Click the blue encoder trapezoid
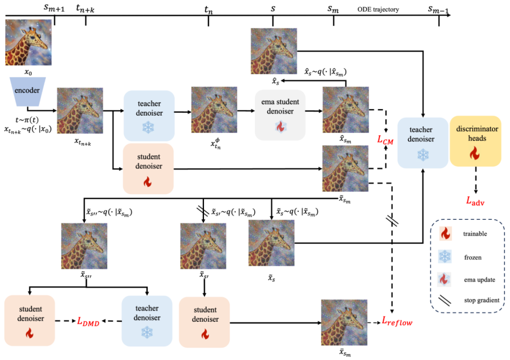tap(27, 92)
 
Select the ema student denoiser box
tap(280, 115)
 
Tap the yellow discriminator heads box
tap(476, 142)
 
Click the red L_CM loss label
tap(385, 140)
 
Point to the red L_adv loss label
tap(475, 201)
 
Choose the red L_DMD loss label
tap(88, 321)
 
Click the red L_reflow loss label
tap(397, 322)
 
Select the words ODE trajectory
tap(378, 9)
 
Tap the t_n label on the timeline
tap(209, 10)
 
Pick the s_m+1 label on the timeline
tap(54, 8)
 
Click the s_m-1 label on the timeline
tap(438, 9)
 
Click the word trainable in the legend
tap(475, 234)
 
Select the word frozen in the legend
tap(473, 257)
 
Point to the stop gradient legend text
tap(482, 300)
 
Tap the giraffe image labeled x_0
tap(28, 42)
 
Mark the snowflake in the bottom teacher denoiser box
tap(147, 333)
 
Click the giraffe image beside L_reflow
tap(344, 323)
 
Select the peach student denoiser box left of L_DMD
tap(30, 320)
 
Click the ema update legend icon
tap(444, 279)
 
